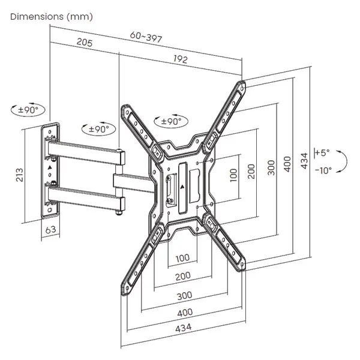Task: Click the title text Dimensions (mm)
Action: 52,16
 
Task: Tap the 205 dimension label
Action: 84,43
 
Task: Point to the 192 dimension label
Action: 181,59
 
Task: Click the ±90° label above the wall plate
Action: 28,110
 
